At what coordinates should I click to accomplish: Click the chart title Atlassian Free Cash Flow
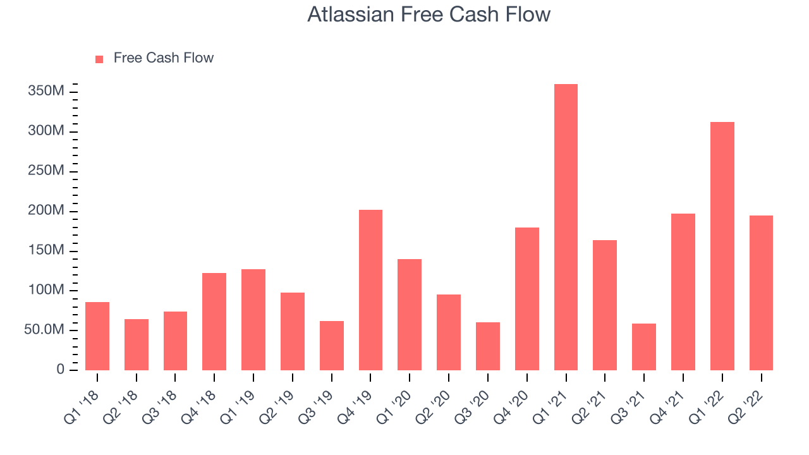click(x=429, y=15)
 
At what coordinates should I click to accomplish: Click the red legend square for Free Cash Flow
click(x=99, y=59)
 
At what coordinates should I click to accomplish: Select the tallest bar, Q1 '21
click(x=566, y=227)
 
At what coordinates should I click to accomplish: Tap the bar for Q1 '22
click(x=722, y=246)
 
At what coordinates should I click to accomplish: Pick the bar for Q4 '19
click(x=370, y=290)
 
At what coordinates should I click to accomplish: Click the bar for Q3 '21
click(x=644, y=347)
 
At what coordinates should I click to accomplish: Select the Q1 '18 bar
click(x=97, y=336)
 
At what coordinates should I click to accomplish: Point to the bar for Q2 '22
click(x=762, y=293)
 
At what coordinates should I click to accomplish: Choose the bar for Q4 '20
click(x=527, y=299)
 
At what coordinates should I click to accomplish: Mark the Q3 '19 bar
click(x=332, y=346)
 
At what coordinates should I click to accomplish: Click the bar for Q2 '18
click(x=137, y=344)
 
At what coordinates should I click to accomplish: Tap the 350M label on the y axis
click(x=46, y=90)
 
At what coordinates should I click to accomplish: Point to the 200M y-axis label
click(x=46, y=210)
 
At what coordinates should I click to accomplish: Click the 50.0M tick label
click(x=44, y=329)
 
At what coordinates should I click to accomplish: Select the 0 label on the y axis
click(x=60, y=369)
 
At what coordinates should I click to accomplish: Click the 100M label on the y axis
click(x=46, y=289)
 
